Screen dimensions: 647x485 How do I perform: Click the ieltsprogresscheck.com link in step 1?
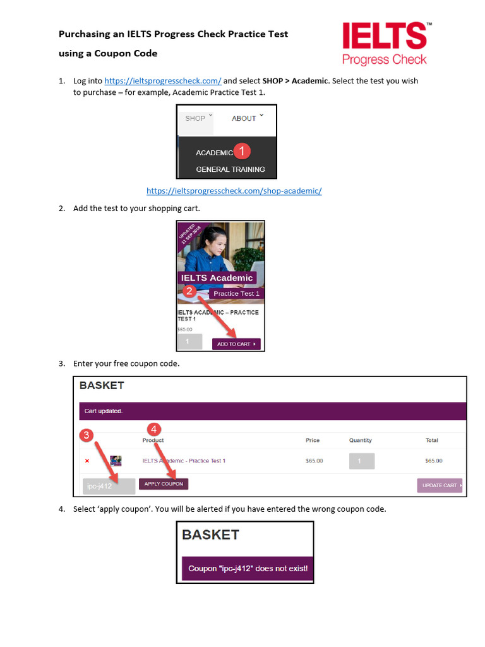[x=162, y=81]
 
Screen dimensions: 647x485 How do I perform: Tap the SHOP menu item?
[x=195, y=118]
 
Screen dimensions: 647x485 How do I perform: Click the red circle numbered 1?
[x=243, y=151]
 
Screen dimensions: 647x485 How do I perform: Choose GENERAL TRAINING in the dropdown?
[x=230, y=169]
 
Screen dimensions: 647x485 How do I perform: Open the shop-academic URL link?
[x=234, y=191]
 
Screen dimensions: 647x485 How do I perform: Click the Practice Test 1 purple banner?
[x=236, y=293]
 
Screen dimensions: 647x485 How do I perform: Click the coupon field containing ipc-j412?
[x=108, y=486]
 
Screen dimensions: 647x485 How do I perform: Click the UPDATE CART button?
[x=439, y=485]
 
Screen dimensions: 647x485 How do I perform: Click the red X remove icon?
[x=87, y=461]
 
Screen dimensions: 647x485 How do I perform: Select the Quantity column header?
[x=361, y=440]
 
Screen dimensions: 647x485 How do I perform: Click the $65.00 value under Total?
[x=434, y=461]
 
